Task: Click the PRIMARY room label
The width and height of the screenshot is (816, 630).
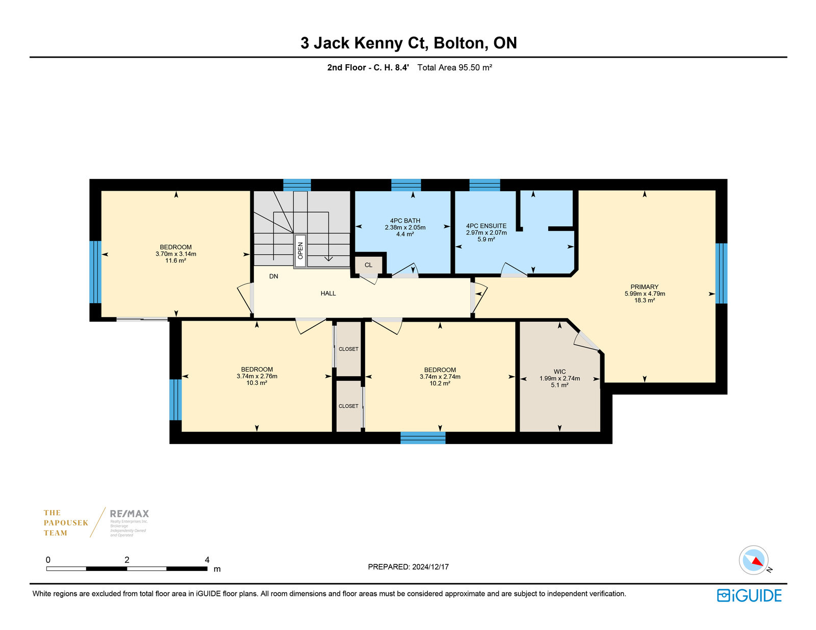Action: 645,287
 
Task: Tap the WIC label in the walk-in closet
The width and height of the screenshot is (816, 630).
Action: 559,372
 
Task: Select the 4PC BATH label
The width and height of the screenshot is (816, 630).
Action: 405,221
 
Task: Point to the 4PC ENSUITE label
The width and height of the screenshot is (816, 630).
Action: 486,226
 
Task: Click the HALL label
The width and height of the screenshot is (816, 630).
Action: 328,294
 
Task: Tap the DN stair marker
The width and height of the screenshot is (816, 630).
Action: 273,276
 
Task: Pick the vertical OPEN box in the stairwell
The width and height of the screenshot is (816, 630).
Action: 300,251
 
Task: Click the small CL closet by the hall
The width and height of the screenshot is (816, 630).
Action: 368,265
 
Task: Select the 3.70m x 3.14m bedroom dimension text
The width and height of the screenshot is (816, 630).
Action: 176,254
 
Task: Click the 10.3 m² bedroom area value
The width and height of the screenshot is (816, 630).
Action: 257,383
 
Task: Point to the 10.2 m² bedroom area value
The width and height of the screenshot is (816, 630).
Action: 440,383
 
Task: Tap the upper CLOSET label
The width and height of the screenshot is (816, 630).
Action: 348,349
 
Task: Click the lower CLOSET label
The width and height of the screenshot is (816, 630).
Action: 348,406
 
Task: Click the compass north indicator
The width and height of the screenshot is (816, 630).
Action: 757,562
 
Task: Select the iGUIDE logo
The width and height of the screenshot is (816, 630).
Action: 749,595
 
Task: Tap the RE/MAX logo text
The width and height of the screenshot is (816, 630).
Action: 129,514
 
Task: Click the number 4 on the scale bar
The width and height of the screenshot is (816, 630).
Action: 207,560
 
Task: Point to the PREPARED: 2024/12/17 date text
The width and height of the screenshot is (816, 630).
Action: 408,567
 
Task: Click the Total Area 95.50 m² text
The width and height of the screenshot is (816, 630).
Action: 454,68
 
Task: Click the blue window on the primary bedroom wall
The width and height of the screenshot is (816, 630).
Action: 721,273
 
